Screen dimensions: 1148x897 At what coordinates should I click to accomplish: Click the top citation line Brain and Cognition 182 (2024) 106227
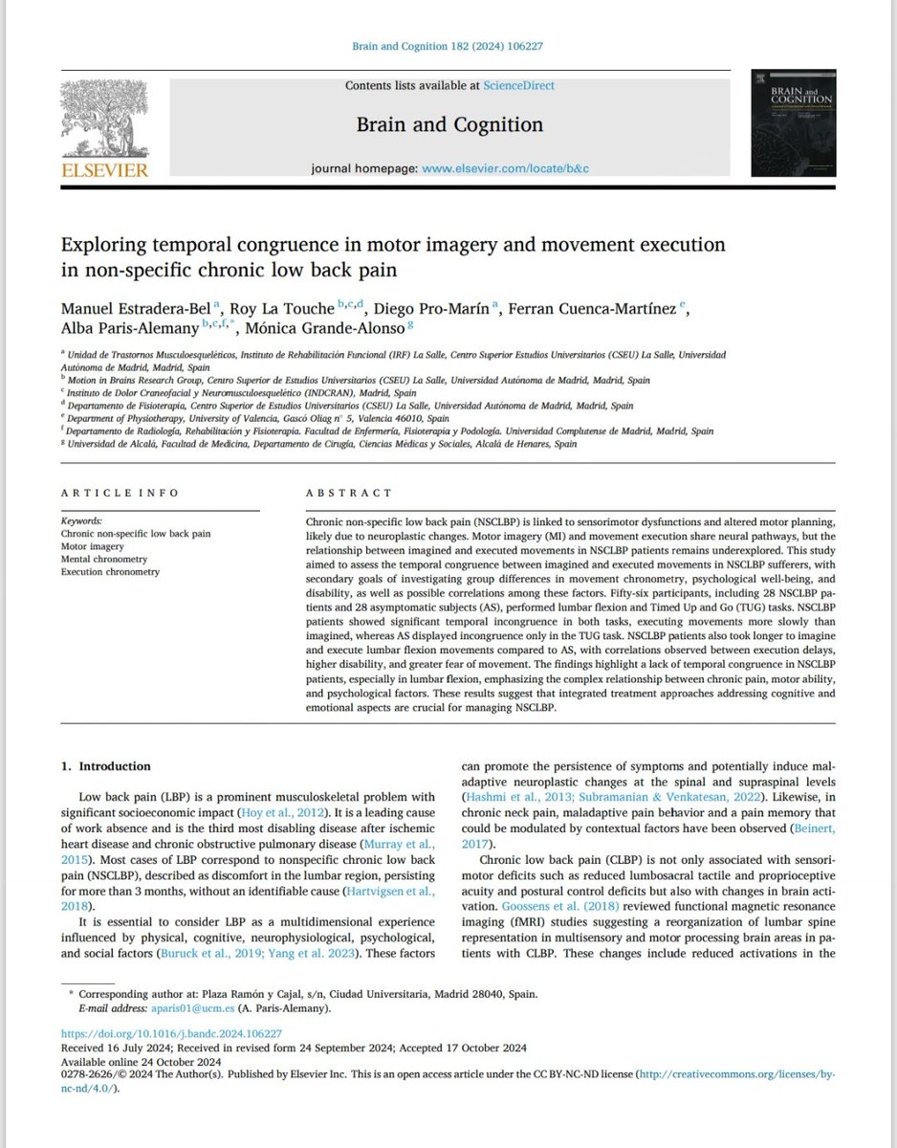[x=448, y=46]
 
